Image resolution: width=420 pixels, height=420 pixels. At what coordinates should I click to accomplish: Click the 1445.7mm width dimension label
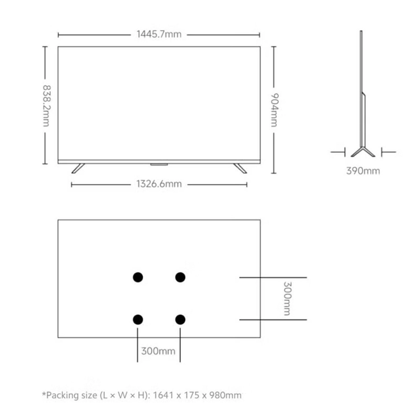[159, 34]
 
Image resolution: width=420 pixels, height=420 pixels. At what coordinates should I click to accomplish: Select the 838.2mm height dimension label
[46, 106]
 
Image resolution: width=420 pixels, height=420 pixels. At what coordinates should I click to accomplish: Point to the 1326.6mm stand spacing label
[159, 184]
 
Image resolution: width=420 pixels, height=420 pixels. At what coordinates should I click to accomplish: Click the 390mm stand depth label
[363, 171]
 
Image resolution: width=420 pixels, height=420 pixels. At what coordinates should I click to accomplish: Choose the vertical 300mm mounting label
[287, 298]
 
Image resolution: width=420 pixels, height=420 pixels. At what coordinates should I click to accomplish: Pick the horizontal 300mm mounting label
[158, 351]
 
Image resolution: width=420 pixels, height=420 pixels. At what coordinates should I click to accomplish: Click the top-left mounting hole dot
[138, 277]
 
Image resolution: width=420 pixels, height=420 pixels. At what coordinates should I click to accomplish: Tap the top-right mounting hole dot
[180, 277]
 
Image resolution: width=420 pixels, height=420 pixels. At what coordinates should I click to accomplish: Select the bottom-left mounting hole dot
[138, 319]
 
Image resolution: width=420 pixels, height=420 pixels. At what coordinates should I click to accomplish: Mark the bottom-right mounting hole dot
[180, 319]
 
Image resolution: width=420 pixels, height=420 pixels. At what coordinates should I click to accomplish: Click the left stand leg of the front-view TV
[78, 168]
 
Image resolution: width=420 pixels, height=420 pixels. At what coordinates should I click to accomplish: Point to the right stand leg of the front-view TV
[240, 168]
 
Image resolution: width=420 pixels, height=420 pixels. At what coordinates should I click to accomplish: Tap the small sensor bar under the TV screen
[159, 164]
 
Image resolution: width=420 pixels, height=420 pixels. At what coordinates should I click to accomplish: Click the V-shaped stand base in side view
[363, 151]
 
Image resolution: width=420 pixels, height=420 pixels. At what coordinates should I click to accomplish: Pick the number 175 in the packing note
[192, 395]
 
